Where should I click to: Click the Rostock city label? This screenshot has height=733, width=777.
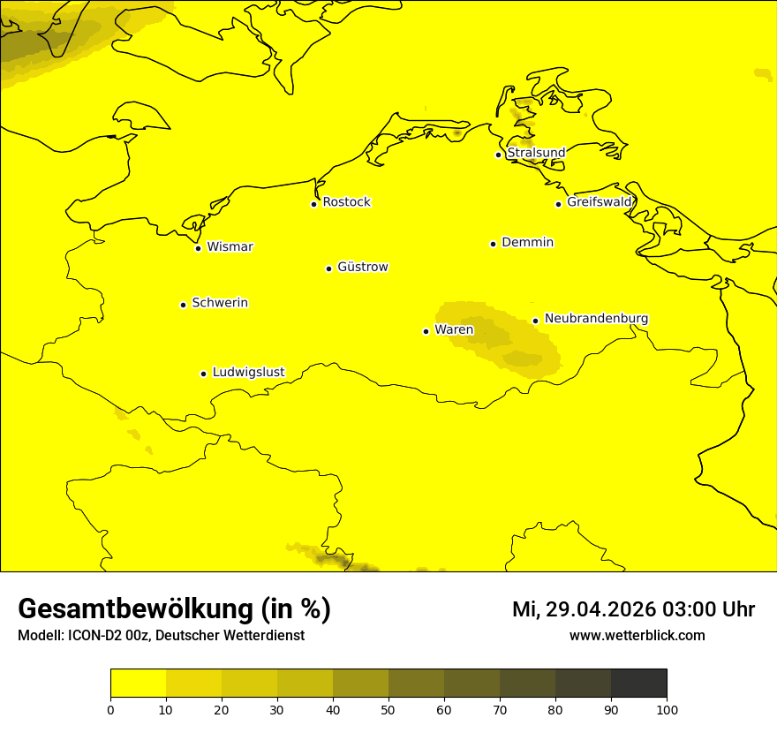pyautogui.click(x=346, y=202)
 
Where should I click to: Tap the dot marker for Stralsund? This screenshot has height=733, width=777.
pyautogui.click(x=498, y=155)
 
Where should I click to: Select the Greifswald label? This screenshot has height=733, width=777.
pyautogui.click(x=600, y=202)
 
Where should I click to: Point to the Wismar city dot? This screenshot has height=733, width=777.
pyautogui.click(x=199, y=248)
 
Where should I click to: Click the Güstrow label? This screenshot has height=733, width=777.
pyautogui.click(x=362, y=267)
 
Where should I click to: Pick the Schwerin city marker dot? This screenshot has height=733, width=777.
pyautogui.click(x=183, y=305)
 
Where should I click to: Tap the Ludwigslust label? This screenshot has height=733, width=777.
pyautogui.click(x=248, y=372)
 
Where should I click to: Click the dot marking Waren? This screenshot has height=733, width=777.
pyautogui.click(x=426, y=331)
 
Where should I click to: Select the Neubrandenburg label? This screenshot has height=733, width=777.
pyautogui.click(x=596, y=318)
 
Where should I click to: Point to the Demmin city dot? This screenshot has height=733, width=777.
pyautogui.click(x=493, y=244)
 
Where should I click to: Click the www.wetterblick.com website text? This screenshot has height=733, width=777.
pyautogui.click(x=637, y=636)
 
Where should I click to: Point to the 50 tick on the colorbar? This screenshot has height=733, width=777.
pyautogui.click(x=388, y=708)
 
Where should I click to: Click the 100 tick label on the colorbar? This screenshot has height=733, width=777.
pyautogui.click(x=667, y=709)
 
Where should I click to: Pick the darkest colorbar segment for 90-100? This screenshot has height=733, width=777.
pyautogui.click(x=638, y=683)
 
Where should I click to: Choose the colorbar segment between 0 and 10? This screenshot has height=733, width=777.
pyautogui.click(x=139, y=683)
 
